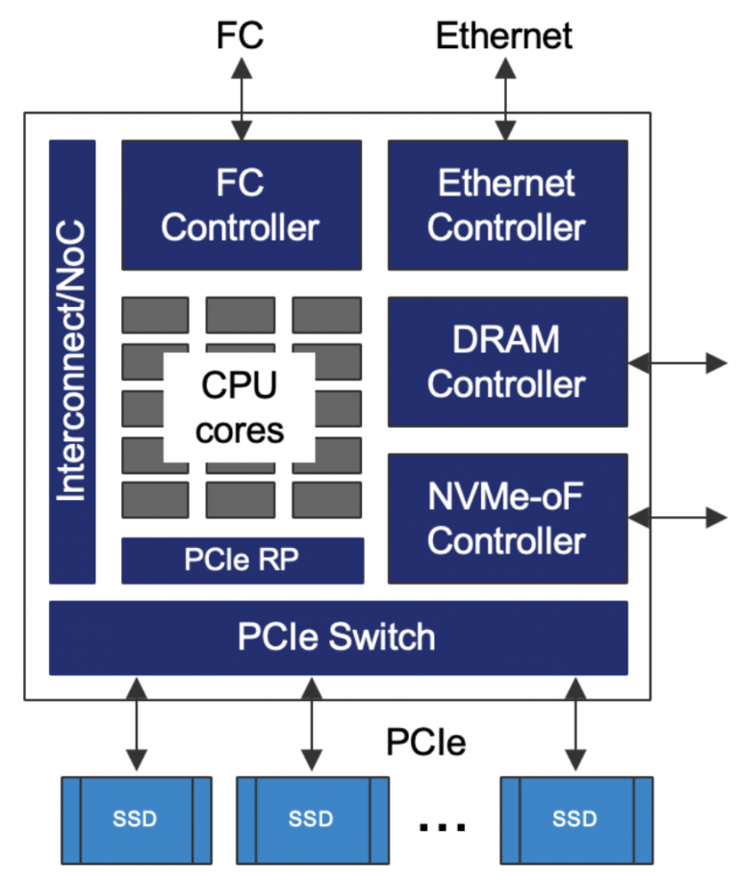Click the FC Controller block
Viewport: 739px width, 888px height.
241,205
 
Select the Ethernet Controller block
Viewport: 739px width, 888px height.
507,205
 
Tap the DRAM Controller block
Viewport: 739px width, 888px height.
507,361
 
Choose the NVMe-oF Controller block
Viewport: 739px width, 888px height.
507,518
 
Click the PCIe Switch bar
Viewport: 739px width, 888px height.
338,638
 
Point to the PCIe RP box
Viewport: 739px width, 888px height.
242,561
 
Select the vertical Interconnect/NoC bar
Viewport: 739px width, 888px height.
72,361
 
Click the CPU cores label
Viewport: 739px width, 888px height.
240,407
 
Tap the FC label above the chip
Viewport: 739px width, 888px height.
240,36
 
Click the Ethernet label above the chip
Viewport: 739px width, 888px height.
504,36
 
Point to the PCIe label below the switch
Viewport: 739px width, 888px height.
426,742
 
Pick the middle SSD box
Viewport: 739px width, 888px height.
311,820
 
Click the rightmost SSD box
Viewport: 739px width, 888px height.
574,820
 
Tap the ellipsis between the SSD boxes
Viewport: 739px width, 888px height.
443,824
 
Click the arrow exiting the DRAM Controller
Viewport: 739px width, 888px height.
677,363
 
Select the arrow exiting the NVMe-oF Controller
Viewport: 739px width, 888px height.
677,517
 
